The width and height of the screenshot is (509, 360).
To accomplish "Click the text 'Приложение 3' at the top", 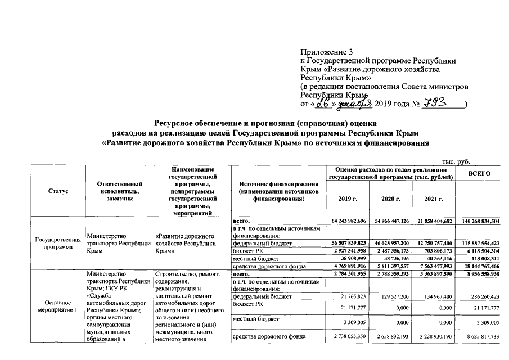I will click(325, 52).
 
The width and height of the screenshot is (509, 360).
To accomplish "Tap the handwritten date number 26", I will click(322, 104).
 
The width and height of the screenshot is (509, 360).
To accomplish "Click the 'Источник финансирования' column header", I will click(279, 191).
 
